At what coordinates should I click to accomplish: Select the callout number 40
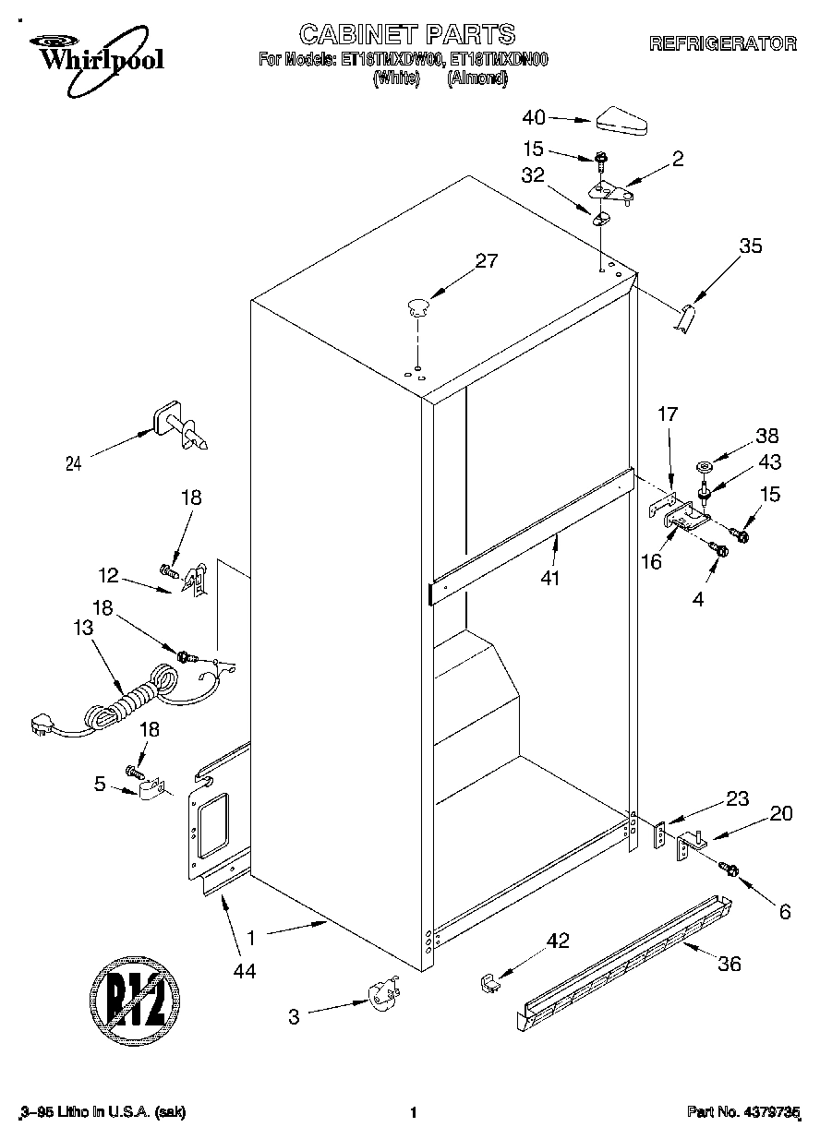point(535,117)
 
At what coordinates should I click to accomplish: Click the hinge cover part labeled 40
point(624,120)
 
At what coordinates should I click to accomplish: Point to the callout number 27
point(487,261)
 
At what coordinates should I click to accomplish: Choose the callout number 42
point(558,941)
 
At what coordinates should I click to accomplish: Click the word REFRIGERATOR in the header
point(722,42)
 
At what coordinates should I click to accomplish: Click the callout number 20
point(781,813)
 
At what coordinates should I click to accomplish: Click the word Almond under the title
point(477,78)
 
